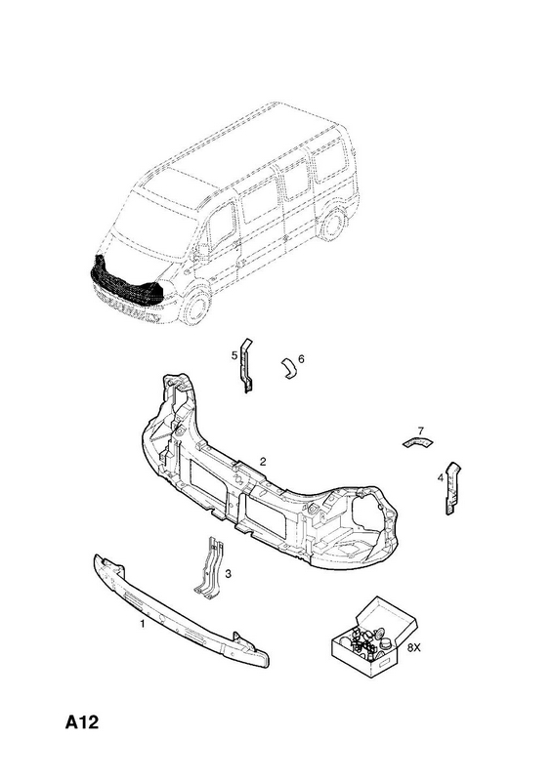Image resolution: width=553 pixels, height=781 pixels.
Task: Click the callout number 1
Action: click(x=142, y=624)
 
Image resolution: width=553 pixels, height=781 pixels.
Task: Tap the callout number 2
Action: click(x=263, y=461)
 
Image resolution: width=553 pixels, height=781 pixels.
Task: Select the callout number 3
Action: click(x=228, y=574)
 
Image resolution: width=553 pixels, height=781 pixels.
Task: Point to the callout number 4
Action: click(x=441, y=478)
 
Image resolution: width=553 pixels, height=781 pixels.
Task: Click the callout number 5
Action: click(x=234, y=355)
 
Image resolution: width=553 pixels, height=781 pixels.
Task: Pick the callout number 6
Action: click(x=301, y=358)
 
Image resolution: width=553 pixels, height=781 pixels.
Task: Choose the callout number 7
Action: click(x=420, y=431)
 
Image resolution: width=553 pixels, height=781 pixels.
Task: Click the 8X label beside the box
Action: click(x=414, y=648)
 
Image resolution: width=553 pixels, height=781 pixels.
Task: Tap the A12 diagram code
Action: click(x=82, y=722)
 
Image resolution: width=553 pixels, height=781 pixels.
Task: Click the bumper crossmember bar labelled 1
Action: click(x=181, y=611)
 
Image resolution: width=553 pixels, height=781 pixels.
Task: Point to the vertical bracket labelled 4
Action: click(x=452, y=488)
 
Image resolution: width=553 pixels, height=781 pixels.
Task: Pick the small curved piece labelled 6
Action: click(x=289, y=367)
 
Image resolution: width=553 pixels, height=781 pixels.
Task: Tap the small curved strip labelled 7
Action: click(x=418, y=442)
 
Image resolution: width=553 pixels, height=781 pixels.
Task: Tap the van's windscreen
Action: click(x=149, y=218)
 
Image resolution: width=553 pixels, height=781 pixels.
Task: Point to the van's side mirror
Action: click(x=200, y=254)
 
